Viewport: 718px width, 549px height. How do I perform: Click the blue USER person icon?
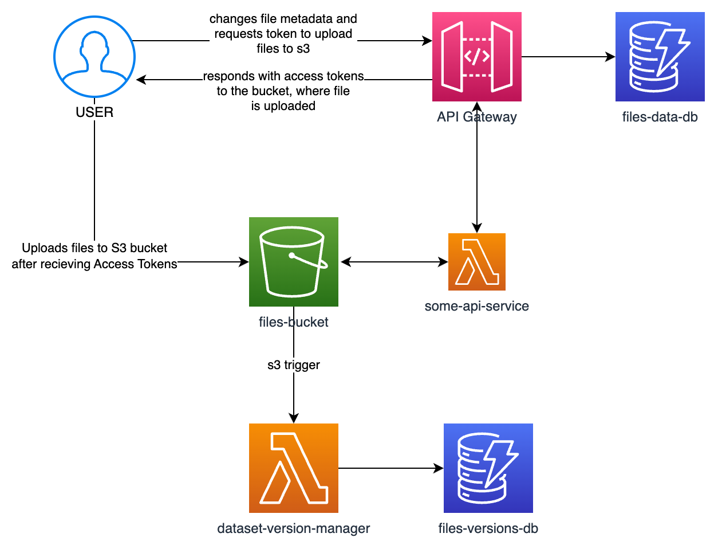tap(94, 57)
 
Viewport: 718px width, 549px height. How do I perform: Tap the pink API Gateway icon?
tap(476, 57)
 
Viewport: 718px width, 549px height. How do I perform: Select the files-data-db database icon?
tap(660, 57)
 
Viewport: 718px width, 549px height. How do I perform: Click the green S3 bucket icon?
tap(293, 261)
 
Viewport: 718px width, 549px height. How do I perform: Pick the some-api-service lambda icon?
tap(476, 261)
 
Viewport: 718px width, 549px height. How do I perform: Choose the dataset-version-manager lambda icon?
tap(293, 468)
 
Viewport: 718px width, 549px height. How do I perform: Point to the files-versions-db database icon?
tap(488, 468)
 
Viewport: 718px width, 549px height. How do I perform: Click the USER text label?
tap(94, 112)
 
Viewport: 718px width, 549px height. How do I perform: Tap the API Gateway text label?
tap(476, 117)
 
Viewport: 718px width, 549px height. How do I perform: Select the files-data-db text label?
tap(660, 117)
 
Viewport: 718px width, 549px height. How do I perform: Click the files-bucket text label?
tap(293, 322)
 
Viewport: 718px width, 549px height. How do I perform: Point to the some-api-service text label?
tap(476, 306)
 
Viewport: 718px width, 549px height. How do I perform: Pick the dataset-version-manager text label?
tap(293, 528)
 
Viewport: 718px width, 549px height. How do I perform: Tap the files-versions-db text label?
tap(488, 528)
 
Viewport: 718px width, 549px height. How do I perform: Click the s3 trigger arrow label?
tap(293, 364)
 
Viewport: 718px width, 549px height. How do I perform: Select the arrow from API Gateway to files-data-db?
tap(568, 57)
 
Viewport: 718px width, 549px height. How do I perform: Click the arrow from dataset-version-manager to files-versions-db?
tap(391, 468)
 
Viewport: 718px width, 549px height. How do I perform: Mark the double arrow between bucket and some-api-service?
tap(394, 262)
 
